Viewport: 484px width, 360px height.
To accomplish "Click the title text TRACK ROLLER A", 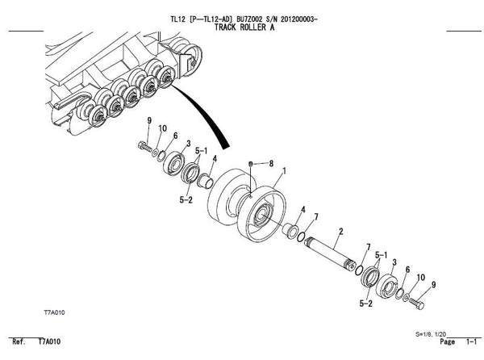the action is (244, 27).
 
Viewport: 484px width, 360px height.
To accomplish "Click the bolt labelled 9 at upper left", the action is (144, 146).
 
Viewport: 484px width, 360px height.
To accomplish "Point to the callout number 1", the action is (284, 171).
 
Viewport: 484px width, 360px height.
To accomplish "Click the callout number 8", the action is (271, 163).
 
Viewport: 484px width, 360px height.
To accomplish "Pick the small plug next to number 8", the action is (251, 163).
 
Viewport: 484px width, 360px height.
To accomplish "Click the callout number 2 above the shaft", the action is (340, 231).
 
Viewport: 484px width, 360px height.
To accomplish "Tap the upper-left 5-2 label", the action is (186, 200).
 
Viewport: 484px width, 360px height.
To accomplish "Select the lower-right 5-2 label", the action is (365, 303).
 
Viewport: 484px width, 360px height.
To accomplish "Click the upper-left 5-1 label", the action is (201, 151).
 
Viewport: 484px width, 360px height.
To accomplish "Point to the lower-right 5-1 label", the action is (382, 255).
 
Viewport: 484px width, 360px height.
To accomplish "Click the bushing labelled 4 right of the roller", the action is (290, 231).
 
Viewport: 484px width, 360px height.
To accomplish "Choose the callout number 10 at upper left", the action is (163, 128).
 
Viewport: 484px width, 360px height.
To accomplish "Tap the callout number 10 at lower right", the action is (421, 277).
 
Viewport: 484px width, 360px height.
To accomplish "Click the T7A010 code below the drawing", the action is (54, 312).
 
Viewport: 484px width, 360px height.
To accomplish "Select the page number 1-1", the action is (471, 341).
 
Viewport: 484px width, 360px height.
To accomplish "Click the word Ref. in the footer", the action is (19, 341).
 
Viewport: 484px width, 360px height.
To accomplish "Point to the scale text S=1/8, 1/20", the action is (431, 334).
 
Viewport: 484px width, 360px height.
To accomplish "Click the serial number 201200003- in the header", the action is (298, 19).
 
